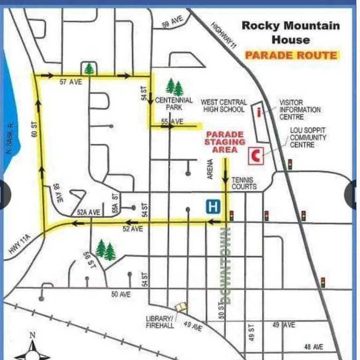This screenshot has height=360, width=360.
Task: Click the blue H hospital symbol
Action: pos(214,206)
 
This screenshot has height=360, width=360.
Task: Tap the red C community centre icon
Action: pos(256,155)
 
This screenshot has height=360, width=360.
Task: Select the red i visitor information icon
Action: pos(259,112)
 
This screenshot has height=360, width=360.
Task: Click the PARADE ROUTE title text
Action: pos(291,55)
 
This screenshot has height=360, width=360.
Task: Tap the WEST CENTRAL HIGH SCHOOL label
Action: pos(224,105)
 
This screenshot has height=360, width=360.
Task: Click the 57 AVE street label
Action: pos(71,82)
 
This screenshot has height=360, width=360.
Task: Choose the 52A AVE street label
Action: pos(89,212)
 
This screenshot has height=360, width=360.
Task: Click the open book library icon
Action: pos(181,307)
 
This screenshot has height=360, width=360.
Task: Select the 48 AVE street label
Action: pos(313,347)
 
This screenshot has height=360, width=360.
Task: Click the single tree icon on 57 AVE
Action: pos(89,69)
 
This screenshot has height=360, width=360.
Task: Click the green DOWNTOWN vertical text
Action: pos(226,265)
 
